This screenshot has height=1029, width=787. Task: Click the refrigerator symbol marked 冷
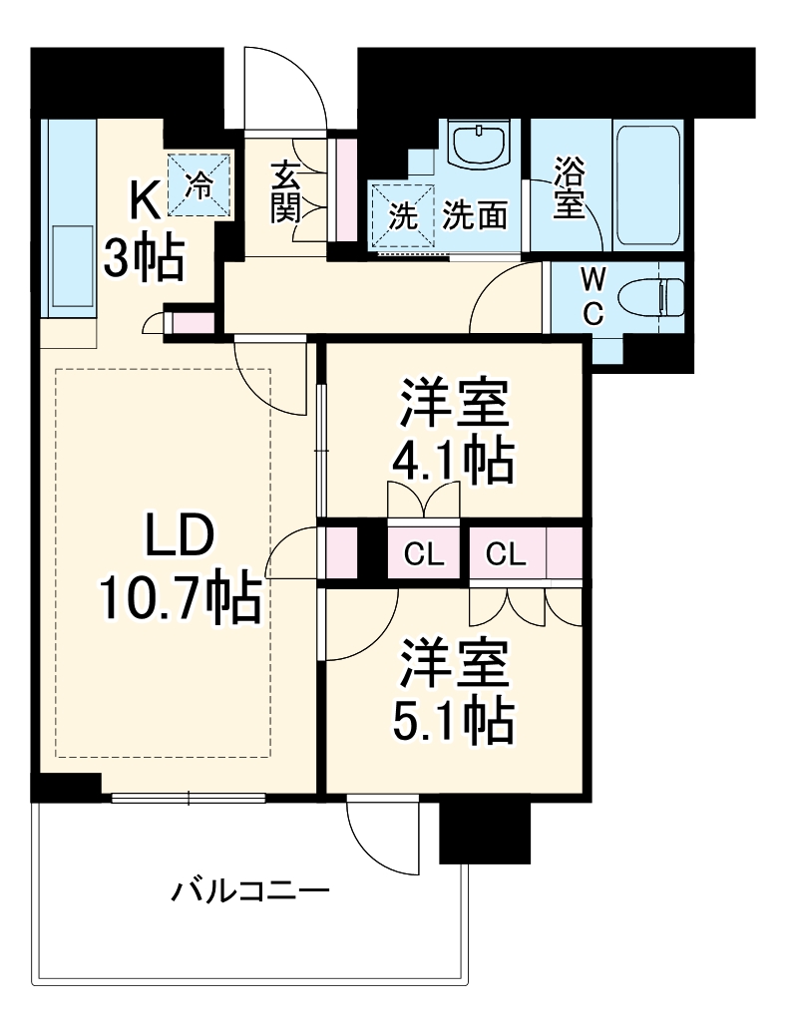tap(200, 184)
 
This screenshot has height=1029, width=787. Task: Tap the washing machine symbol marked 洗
tap(402, 216)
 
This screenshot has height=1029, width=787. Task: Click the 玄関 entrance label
tap(284, 191)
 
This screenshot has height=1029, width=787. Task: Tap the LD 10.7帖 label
tap(180, 568)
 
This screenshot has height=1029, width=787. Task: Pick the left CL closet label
tap(424, 555)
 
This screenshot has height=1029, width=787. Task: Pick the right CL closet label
tap(506, 555)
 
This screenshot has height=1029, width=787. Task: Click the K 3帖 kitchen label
tap(145, 234)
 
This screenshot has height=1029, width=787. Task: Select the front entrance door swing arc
tap(289, 85)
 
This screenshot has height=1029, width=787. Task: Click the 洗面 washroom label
tap(476, 216)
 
